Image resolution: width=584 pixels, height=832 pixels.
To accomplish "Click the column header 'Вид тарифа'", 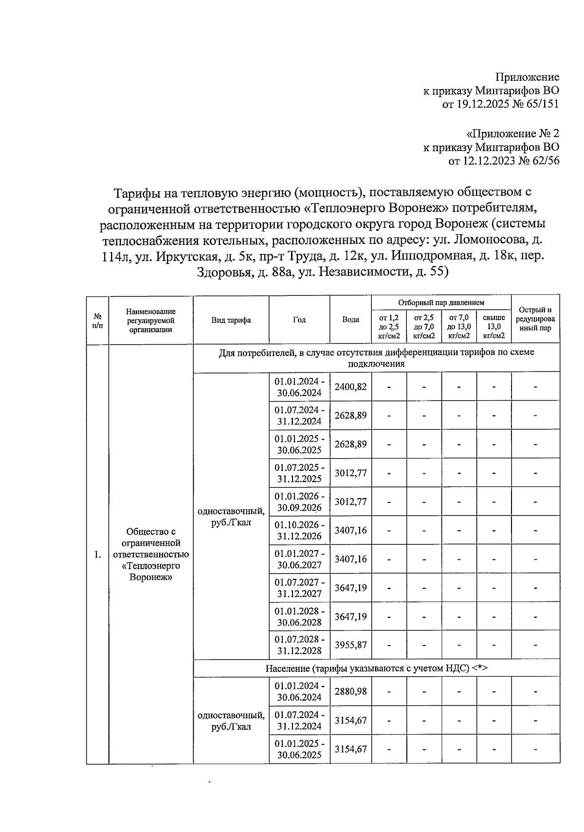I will [231, 320].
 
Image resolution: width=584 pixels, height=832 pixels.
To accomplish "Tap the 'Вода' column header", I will [350, 320].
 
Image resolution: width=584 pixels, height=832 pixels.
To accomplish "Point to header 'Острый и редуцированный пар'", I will [535, 319].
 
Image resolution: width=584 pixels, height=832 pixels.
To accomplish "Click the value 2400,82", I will [350, 387].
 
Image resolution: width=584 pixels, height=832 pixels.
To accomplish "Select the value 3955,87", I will [350, 645].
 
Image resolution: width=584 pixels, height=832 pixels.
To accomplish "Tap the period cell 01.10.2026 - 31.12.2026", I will [299, 530].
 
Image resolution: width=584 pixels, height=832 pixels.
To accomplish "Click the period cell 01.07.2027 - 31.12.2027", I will [299, 588].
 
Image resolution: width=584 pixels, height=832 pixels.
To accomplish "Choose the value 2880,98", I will [350, 691].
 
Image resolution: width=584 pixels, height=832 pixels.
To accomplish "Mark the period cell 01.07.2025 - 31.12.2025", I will [299, 473].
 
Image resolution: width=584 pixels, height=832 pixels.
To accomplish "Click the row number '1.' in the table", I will [98, 555].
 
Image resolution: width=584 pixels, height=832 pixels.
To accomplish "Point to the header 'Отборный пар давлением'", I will [441, 302].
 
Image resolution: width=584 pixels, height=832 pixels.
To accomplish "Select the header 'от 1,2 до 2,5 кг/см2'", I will [389, 326].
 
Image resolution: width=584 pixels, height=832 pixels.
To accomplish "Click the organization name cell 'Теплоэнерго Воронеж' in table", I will [151, 554].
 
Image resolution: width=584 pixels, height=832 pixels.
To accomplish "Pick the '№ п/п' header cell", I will [98, 320].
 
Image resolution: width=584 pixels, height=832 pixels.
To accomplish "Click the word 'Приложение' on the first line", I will [527, 77].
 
